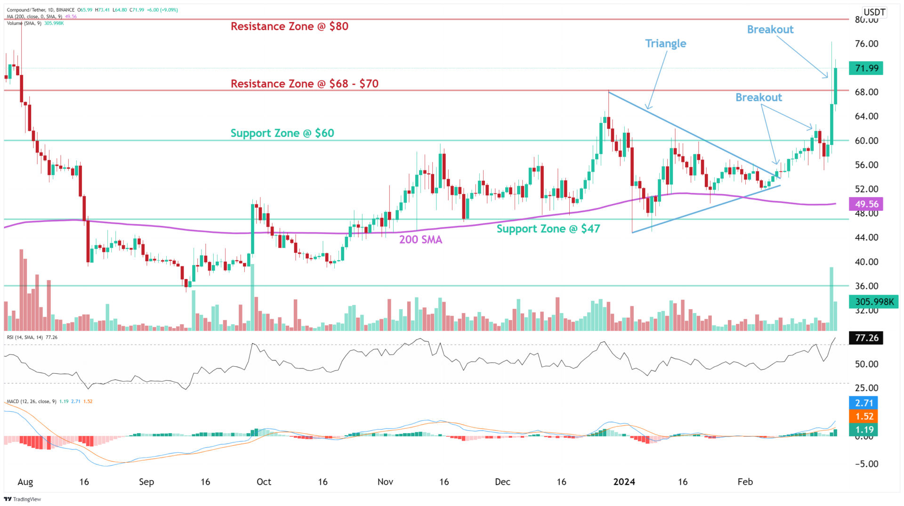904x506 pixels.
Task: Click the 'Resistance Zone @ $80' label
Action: [x=289, y=26]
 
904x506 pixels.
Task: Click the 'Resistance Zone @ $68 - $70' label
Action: [x=304, y=84]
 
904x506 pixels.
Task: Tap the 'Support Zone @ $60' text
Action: [x=282, y=133]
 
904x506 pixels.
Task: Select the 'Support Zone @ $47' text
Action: [x=548, y=229]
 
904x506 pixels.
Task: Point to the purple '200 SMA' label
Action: [x=420, y=240]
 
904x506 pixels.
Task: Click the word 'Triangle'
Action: [x=665, y=44]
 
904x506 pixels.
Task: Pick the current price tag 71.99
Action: [x=866, y=68]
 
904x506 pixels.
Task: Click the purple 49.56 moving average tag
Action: [x=866, y=204]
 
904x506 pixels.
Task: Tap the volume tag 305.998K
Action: [x=873, y=302]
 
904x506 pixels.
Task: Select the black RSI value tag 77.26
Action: [x=866, y=338]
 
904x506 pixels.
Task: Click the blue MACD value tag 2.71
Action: [x=864, y=403]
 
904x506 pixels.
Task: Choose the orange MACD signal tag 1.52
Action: [x=864, y=417]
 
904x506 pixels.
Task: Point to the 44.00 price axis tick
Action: [x=866, y=238]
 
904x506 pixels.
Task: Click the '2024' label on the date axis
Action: [x=624, y=482]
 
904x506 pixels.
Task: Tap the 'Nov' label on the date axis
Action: [x=385, y=482]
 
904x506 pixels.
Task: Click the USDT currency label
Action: [x=874, y=12]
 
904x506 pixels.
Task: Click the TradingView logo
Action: [x=23, y=499]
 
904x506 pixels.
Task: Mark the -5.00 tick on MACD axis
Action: [x=866, y=464]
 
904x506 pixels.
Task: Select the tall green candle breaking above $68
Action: [x=835, y=86]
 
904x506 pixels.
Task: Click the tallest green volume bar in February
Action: [x=831, y=299]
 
